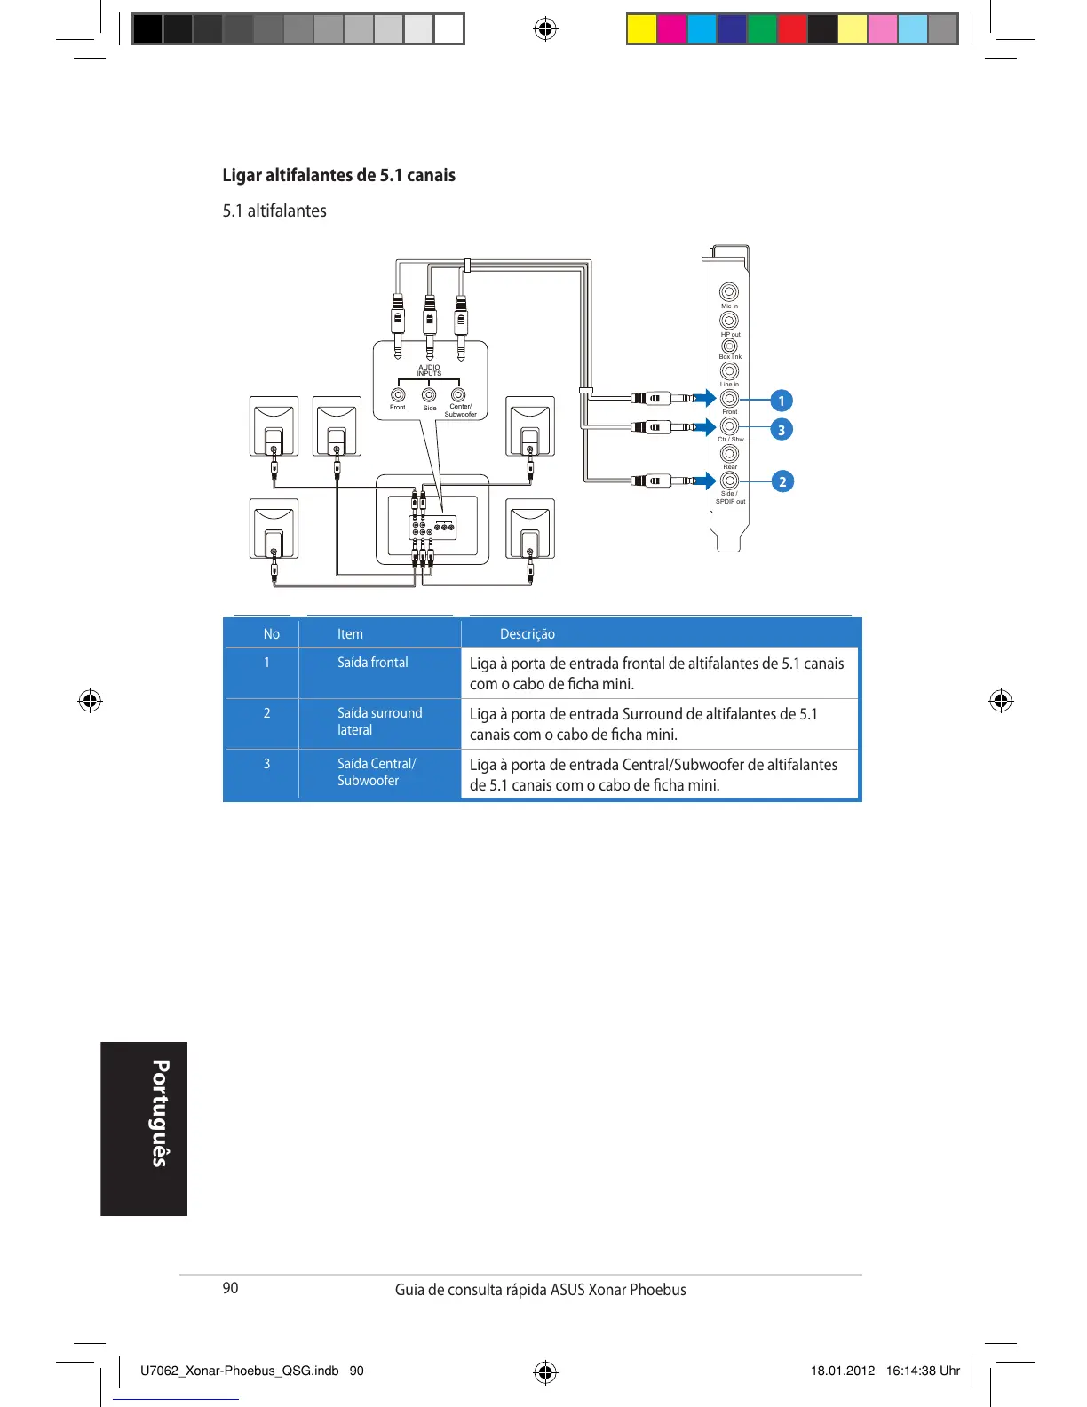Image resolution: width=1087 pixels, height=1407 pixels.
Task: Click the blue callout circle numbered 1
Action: [x=782, y=401]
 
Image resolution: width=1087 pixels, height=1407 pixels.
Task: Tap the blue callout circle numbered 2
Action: [x=782, y=481]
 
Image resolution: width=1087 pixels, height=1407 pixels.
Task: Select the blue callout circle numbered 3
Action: [x=782, y=430]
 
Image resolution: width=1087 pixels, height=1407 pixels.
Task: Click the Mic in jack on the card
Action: [x=729, y=291]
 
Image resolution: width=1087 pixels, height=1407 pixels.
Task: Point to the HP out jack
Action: [x=729, y=320]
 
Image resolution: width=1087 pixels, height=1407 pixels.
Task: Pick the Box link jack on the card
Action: [x=729, y=346]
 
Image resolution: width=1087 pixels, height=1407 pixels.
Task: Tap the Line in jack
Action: [x=729, y=370]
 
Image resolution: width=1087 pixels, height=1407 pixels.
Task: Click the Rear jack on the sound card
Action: [x=729, y=453]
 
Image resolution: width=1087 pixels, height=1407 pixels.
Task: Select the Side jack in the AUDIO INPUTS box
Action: [x=429, y=394]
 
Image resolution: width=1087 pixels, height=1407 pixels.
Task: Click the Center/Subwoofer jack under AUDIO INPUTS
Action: [x=458, y=394]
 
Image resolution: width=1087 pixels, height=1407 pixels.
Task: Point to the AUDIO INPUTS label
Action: [x=429, y=370]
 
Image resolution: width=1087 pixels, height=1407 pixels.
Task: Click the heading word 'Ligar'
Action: [x=242, y=175]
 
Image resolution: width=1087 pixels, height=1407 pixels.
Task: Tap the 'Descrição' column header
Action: [x=528, y=634]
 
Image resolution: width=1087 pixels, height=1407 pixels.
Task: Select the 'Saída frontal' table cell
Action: [x=373, y=663]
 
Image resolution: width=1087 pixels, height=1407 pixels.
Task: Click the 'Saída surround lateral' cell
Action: [x=379, y=721]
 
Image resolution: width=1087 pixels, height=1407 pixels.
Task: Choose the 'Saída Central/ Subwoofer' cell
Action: [x=377, y=772]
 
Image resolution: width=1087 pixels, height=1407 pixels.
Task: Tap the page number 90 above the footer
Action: [x=230, y=1288]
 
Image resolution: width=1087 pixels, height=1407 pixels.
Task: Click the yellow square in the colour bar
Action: [x=641, y=29]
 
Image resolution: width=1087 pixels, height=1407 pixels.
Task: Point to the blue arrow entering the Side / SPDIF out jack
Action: [x=706, y=481]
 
